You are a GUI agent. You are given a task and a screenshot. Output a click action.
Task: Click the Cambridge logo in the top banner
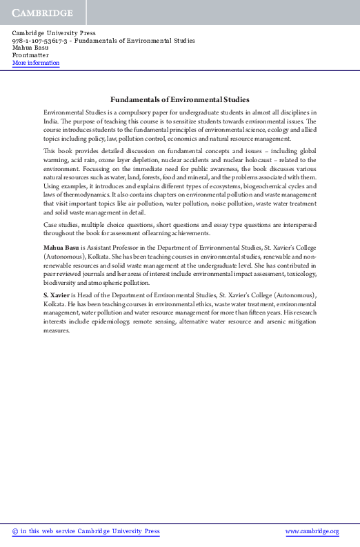click(42, 13)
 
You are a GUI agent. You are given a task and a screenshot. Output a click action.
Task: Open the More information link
click(36, 63)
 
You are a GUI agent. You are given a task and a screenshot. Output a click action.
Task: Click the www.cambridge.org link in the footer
click(312, 531)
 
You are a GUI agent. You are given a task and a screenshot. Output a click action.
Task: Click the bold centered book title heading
click(180, 99)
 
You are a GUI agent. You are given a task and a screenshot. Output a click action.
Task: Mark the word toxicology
click(297, 274)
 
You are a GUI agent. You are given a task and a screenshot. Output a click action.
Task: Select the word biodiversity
click(61, 282)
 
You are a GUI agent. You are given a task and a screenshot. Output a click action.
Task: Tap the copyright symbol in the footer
click(15, 531)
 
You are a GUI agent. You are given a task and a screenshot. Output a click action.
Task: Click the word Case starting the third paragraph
click(50, 225)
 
